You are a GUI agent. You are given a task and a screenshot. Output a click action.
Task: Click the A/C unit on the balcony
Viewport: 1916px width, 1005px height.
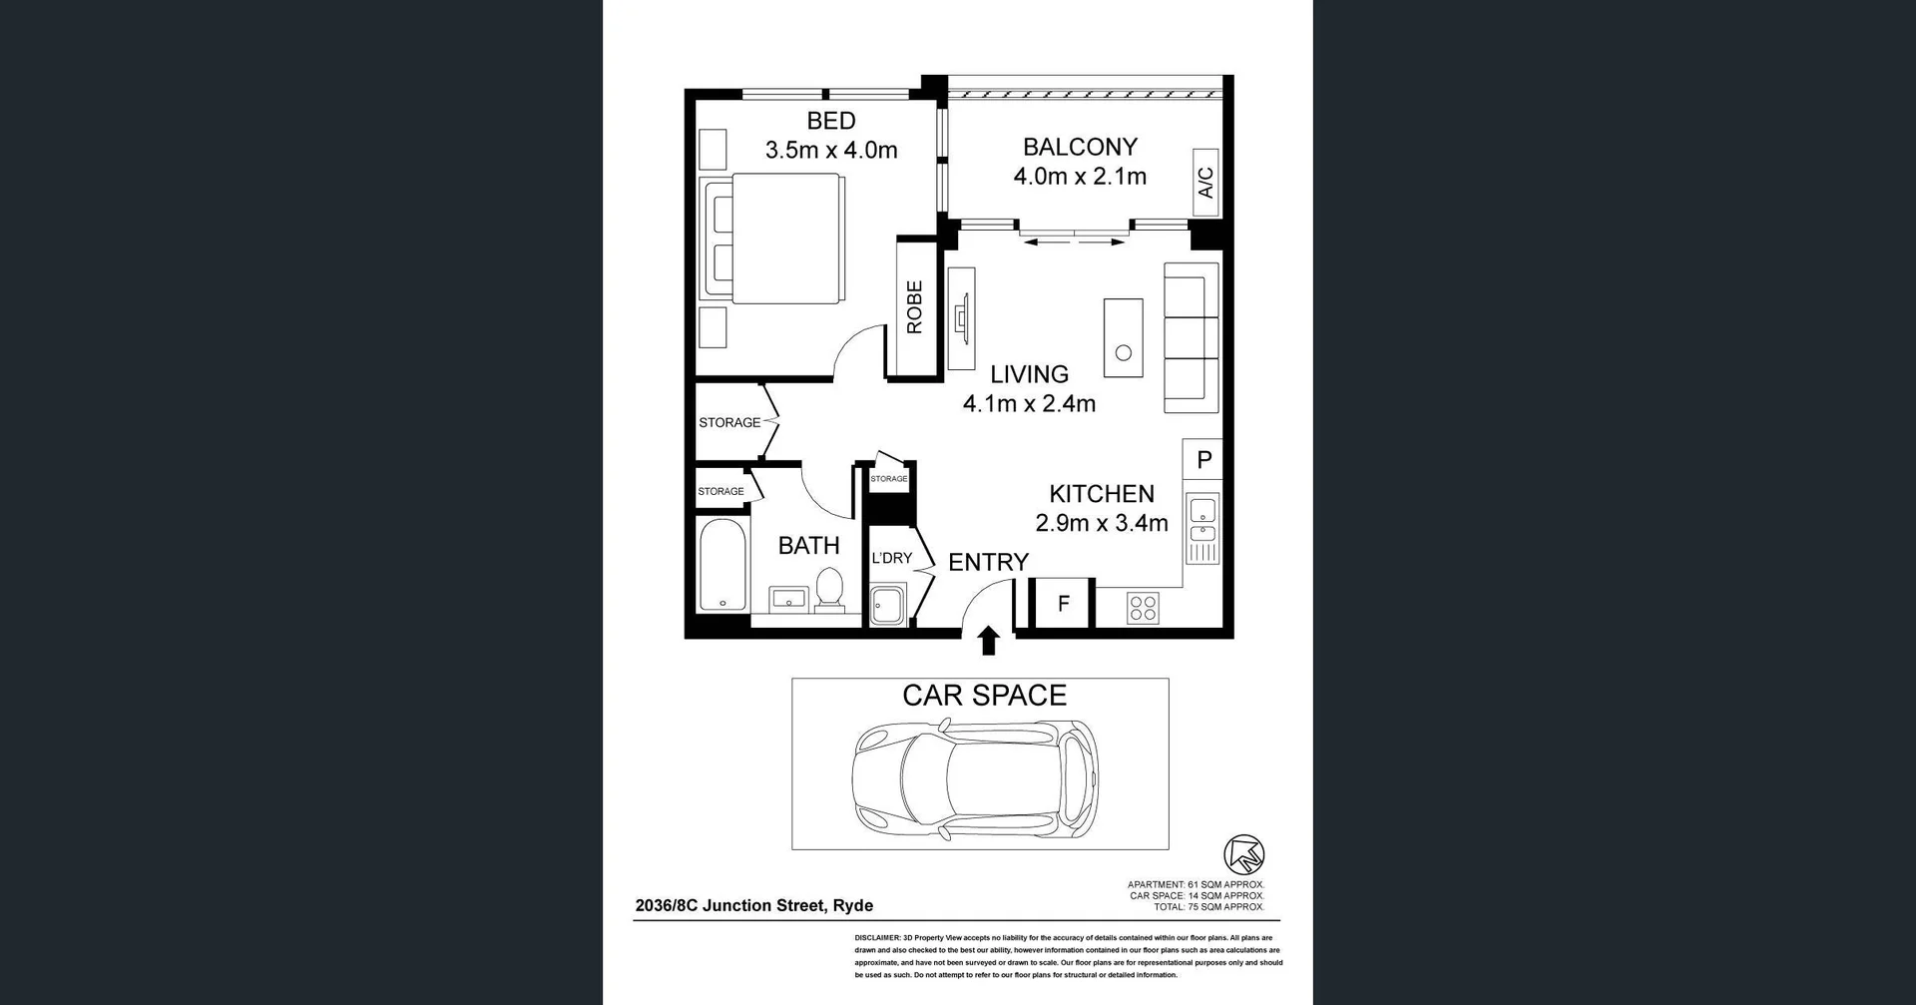click(x=1205, y=182)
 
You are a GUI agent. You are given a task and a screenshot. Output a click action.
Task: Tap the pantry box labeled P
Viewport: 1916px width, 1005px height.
click(x=1203, y=459)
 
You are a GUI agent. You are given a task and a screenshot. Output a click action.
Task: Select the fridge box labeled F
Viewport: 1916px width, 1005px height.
click(x=1063, y=603)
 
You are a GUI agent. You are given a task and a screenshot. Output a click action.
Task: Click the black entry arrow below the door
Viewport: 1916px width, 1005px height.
click(x=988, y=641)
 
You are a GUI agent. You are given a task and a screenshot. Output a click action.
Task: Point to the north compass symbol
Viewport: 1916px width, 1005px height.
click(x=1243, y=855)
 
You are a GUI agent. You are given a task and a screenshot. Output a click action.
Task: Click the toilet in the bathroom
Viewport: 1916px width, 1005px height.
click(x=829, y=589)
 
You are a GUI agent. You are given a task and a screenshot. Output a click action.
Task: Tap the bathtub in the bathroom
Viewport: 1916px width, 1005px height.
click(x=721, y=564)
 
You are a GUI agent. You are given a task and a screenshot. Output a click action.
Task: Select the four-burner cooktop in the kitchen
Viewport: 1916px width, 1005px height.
click(x=1143, y=607)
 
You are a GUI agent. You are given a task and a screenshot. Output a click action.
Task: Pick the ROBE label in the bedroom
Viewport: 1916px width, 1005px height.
click(x=914, y=306)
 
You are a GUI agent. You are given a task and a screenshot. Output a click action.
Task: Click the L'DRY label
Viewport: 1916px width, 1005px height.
click(x=891, y=558)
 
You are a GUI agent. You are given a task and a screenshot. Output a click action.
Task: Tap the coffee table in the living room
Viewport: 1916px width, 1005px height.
click(x=1123, y=337)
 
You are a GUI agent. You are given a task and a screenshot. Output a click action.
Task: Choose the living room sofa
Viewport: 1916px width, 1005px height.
click(x=1192, y=338)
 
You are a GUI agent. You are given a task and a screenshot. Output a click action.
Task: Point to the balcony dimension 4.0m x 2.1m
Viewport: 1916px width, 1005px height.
click(x=1080, y=177)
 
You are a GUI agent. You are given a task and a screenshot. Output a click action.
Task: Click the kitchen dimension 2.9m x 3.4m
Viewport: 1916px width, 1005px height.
click(x=1102, y=523)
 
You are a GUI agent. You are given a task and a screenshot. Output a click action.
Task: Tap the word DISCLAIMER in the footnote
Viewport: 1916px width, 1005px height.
click(x=877, y=938)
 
